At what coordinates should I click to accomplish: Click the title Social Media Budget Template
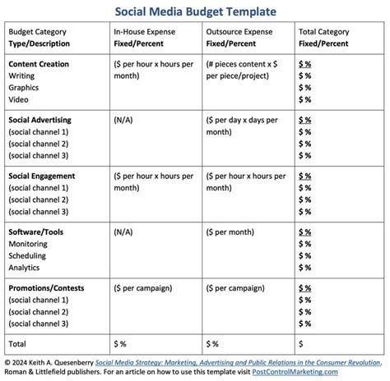coord(194,11)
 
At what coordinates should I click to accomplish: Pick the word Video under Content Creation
coord(20,98)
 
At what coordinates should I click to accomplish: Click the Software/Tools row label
coord(35,232)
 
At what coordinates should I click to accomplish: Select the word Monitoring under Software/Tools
coord(28,244)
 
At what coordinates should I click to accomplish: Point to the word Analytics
coord(26,267)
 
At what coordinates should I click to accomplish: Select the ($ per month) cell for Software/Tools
coord(232,232)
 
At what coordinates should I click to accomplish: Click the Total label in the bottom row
coord(18,342)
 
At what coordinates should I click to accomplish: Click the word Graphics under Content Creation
coord(25,86)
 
